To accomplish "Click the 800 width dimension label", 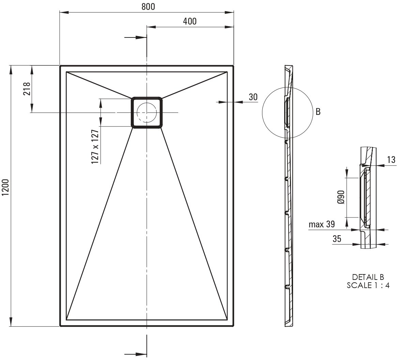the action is [148, 6].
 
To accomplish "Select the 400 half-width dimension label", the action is [189, 21].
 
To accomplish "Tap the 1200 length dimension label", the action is [5, 187].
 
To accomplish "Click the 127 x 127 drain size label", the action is [95, 147].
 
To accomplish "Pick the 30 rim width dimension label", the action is [253, 97].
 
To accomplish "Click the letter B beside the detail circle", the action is [318, 112].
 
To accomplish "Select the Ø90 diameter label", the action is [341, 197].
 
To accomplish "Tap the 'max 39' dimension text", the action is [322, 224].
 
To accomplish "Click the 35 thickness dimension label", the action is [337, 239].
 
